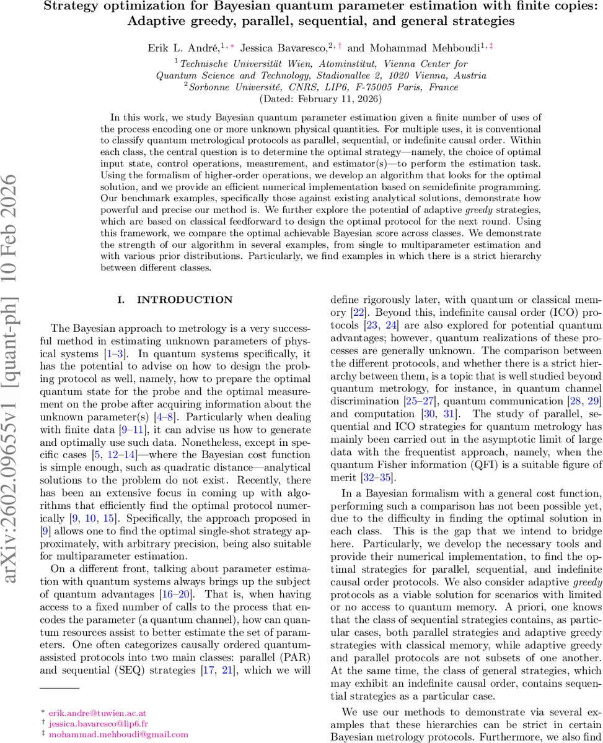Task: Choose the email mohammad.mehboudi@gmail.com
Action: [x=102, y=734]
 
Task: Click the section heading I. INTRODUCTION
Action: [x=175, y=300]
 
